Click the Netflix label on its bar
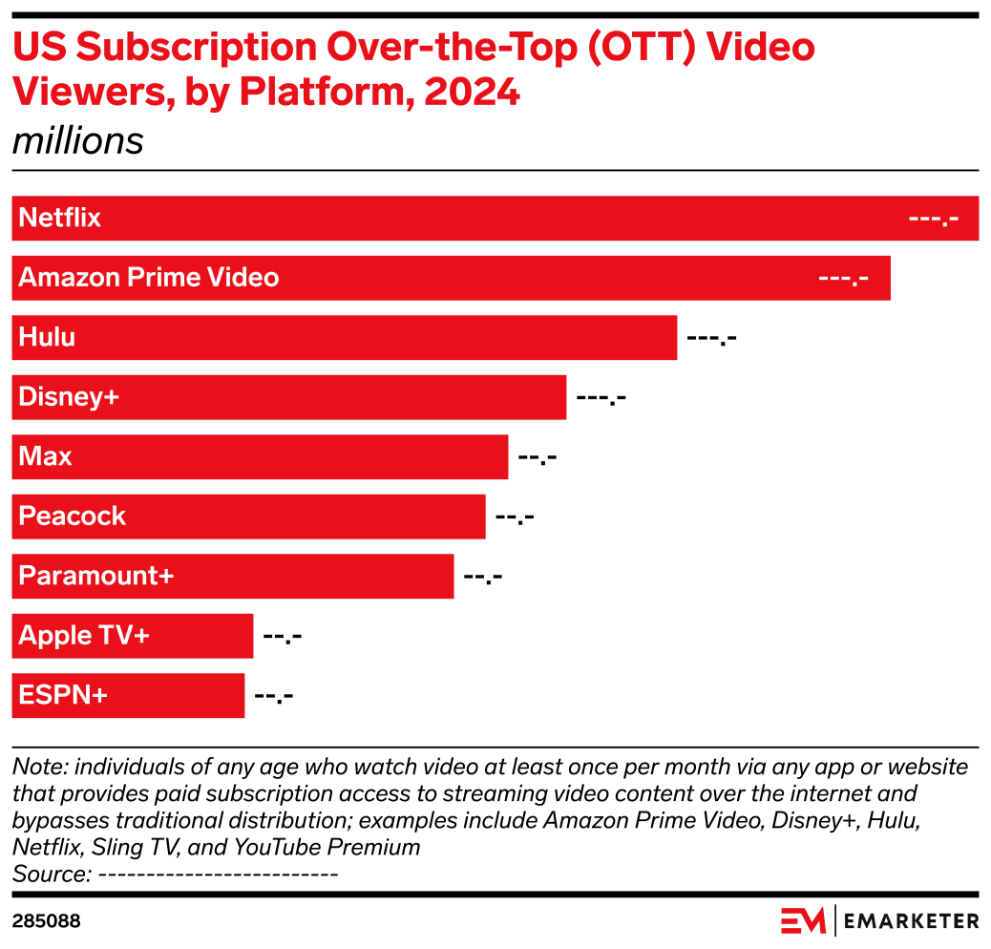[59, 218]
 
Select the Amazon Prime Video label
[149, 278]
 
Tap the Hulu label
[47, 337]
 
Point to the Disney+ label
[69, 397]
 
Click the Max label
[45, 456]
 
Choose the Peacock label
[73, 517]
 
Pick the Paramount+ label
[96, 576]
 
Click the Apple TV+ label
[84, 636]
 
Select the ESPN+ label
[63, 695]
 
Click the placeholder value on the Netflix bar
[933, 219]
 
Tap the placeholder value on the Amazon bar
[844, 279]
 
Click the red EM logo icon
[803, 920]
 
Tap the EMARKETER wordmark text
[912, 921]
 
